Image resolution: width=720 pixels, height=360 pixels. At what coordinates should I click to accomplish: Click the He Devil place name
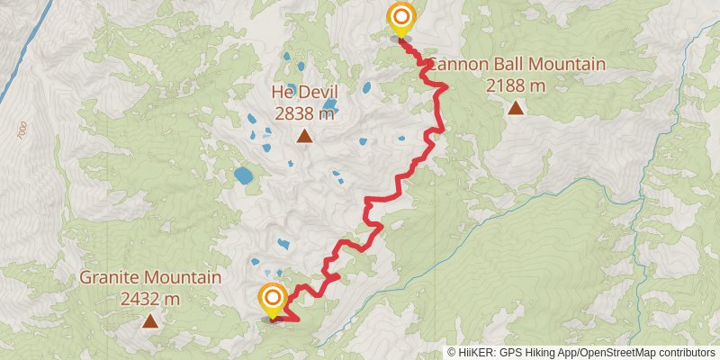[304, 92]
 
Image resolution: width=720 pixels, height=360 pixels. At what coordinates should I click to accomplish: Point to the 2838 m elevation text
[304, 112]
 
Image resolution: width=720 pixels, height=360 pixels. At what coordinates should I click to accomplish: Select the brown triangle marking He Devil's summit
[305, 137]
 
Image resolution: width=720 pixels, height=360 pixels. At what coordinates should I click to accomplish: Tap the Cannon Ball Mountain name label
[516, 65]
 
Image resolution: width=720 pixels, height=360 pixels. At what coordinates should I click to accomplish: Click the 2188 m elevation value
[516, 85]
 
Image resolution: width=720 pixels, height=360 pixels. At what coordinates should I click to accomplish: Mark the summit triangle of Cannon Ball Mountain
[516, 109]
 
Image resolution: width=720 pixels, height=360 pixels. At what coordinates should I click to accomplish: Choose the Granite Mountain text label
[150, 277]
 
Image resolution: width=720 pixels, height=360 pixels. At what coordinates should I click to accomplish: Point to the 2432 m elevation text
[150, 298]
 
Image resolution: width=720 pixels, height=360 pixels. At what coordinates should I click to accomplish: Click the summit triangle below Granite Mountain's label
[149, 320]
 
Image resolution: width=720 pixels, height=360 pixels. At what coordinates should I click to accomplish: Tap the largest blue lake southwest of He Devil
[243, 175]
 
